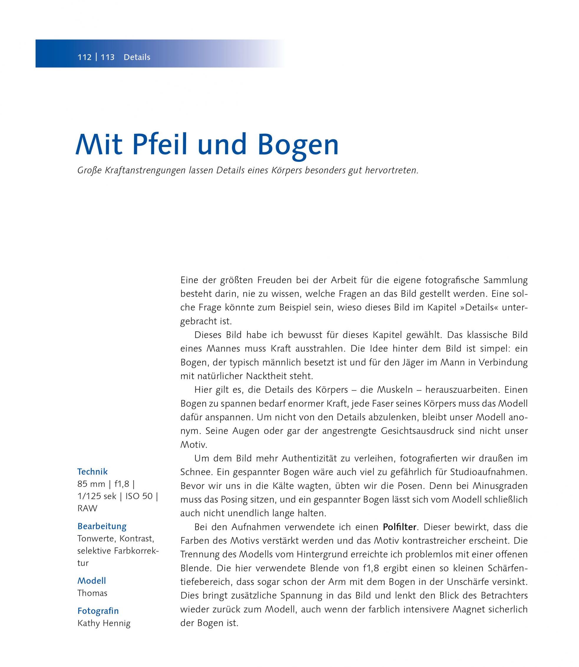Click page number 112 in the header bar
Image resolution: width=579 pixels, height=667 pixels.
click(84, 57)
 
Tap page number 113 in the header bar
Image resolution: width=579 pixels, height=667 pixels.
click(107, 57)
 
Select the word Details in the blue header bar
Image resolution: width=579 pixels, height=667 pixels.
click(137, 57)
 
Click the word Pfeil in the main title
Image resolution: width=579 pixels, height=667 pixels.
click(160, 145)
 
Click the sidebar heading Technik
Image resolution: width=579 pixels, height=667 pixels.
click(92, 472)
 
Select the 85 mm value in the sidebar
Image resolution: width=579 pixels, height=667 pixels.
click(91, 484)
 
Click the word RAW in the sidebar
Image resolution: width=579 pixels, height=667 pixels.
click(87, 508)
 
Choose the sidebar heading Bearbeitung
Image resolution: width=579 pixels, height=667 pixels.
click(102, 526)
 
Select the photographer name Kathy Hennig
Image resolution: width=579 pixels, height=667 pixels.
click(104, 623)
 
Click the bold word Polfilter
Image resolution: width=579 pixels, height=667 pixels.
click(400, 527)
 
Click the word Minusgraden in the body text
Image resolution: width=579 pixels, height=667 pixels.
click(500, 486)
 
